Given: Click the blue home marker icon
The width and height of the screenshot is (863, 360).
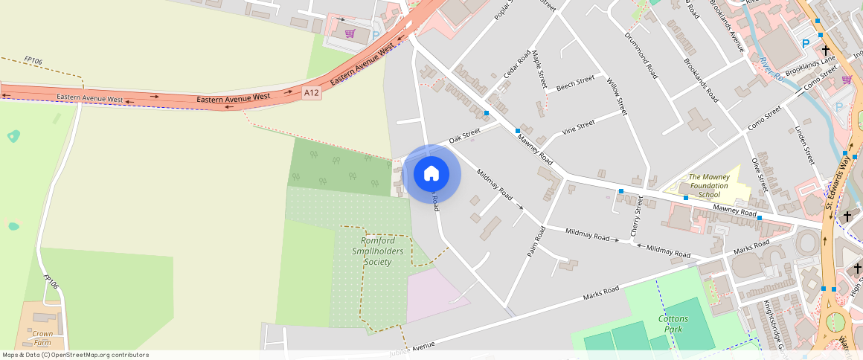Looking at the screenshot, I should [x=431, y=174].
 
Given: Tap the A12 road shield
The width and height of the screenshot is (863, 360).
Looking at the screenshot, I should [x=312, y=92].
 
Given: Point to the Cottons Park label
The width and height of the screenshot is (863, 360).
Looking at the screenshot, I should [x=673, y=324].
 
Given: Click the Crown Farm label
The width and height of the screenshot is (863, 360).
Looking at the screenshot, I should [x=42, y=338].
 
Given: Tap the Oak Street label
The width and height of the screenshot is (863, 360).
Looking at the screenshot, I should [x=465, y=136].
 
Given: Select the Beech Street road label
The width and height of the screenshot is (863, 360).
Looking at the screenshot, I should [x=575, y=82].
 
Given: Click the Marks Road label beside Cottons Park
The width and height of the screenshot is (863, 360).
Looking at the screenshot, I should [x=601, y=294].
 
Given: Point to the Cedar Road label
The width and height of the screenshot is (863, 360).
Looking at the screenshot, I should [x=515, y=70].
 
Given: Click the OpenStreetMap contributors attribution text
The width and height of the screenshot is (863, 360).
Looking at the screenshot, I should [x=75, y=355].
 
